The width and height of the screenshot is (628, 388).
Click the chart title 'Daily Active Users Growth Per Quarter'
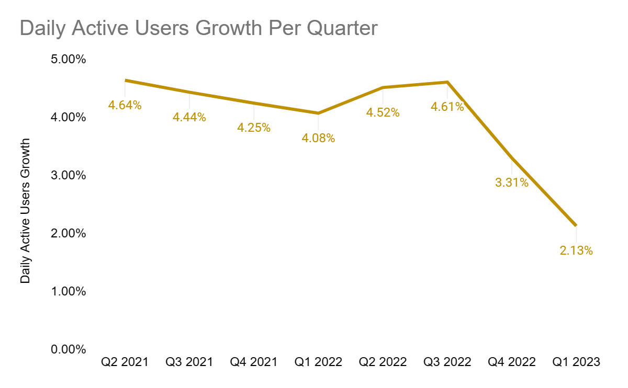pyautogui.click(x=198, y=28)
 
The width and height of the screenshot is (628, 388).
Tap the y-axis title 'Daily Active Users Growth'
pyautogui.click(x=25, y=211)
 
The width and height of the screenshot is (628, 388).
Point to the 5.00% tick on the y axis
pyautogui.click(x=68, y=59)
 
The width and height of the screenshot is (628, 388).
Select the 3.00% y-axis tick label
pyautogui.click(x=68, y=175)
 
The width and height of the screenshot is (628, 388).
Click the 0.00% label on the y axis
pyautogui.click(x=68, y=349)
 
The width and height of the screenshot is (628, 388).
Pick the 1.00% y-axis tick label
pyautogui.click(x=68, y=291)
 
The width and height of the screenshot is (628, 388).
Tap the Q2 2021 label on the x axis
pyautogui.click(x=125, y=362)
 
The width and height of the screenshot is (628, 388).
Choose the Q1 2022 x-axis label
pyautogui.click(x=318, y=362)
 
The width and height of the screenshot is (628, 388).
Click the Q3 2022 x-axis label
pyautogui.click(x=447, y=362)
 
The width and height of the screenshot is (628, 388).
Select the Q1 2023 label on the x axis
pyautogui.click(x=576, y=362)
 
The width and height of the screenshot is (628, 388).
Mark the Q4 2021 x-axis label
pyautogui.click(x=254, y=362)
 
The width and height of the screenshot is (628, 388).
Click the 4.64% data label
pyautogui.click(x=125, y=105)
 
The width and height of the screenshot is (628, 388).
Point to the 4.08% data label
pyautogui.click(x=318, y=139)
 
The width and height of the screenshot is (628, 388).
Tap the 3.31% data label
pyautogui.click(x=512, y=183)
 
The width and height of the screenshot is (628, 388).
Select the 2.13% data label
pyautogui.click(x=576, y=251)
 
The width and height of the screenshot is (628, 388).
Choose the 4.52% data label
pyautogui.click(x=383, y=112)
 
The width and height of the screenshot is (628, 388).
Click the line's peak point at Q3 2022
pyautogui.click(x=447, y=82)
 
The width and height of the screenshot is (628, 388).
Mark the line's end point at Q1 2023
pyautogui.click(x=576, y=225)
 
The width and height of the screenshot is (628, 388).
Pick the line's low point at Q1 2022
pyautogui.click(x=318, y=113)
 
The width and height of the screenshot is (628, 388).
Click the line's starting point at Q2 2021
pyautogui.click(x=126, y=81)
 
